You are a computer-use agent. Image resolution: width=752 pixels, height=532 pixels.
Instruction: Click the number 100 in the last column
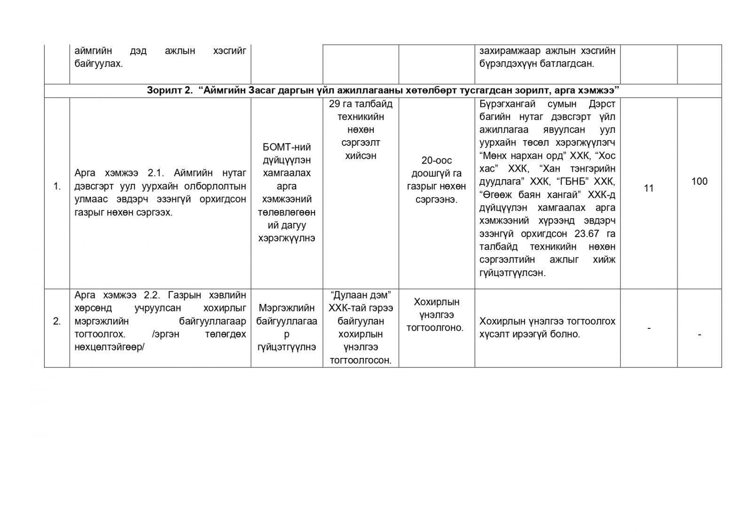699,182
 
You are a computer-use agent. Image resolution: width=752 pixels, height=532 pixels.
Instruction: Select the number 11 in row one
649,189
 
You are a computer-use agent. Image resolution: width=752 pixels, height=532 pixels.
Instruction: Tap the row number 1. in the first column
57,186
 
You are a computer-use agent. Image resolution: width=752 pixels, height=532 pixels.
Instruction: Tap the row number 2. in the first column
57,322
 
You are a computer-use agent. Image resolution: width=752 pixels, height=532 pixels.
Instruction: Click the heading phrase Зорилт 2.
169,91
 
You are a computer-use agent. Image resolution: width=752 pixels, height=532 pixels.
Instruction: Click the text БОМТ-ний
286,147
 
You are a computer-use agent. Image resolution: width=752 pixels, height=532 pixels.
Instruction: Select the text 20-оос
436,160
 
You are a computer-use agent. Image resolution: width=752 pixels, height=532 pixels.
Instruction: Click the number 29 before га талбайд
335,103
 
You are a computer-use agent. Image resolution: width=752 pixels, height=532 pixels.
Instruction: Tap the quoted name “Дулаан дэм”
361,295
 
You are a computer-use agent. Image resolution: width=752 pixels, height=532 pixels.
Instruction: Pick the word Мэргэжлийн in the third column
286,308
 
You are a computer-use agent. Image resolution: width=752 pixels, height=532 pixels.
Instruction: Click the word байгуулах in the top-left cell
98,64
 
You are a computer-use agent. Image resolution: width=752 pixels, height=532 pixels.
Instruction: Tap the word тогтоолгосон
360,361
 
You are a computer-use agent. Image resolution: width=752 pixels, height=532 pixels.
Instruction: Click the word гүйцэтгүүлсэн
512,273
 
